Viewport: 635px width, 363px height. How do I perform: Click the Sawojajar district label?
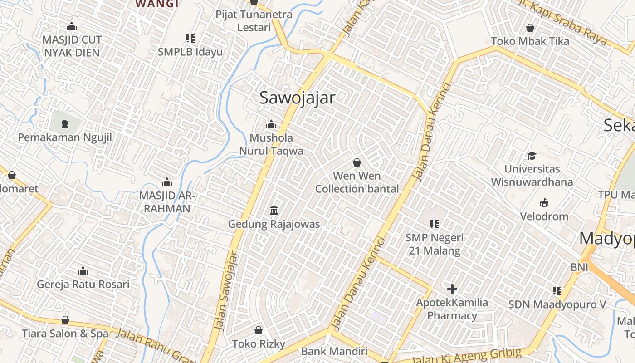point(297,98)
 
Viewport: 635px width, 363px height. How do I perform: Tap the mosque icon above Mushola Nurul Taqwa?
point(271,124)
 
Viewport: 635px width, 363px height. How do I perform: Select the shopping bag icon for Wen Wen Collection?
point(357,162)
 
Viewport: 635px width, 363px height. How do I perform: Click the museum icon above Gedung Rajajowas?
point(274,211)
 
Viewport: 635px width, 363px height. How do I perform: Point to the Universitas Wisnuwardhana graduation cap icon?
point(532,156)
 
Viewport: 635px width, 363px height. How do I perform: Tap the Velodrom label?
point(544,216)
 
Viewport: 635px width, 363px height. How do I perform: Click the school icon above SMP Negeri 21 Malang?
point(435,224)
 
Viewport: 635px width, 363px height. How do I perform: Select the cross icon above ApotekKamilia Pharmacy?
point(452,289)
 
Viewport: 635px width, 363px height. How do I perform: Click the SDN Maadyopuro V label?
point(557,304)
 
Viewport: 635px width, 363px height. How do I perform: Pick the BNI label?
point(579,267)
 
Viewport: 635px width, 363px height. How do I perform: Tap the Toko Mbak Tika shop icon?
point(530,28)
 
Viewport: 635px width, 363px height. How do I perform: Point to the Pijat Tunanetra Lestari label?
point(254,21)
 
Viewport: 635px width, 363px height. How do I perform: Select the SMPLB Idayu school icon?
point(190,39)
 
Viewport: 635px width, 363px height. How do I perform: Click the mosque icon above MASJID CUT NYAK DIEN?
point(72,26)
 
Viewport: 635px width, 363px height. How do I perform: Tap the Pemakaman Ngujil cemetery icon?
point(65,123)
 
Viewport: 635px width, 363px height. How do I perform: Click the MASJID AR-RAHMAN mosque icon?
point(167,182)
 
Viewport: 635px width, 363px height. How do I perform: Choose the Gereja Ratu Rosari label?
point(83,285)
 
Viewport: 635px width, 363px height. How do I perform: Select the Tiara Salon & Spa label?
point(65,334)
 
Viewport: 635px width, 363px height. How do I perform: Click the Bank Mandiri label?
point(334,351)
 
